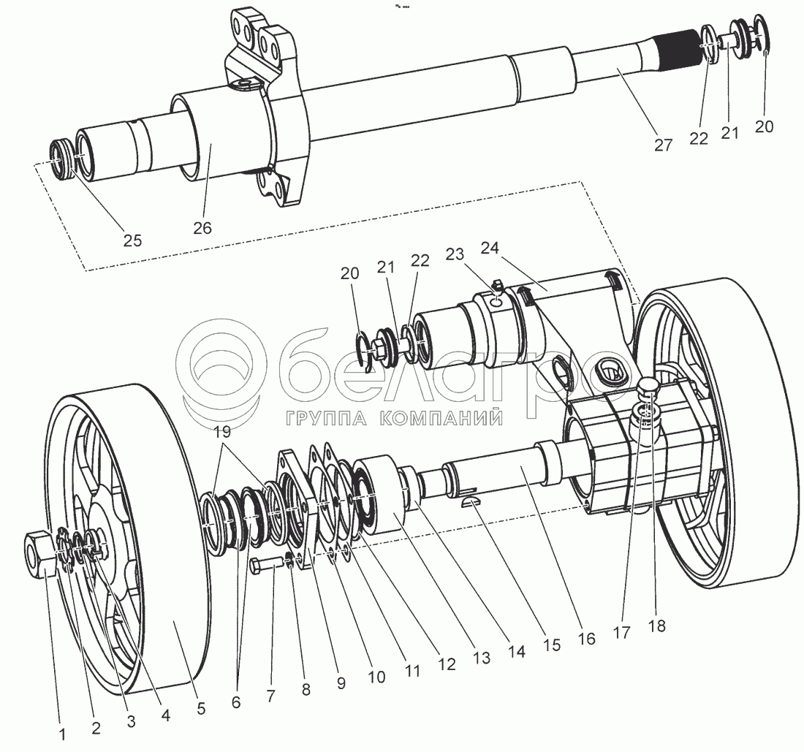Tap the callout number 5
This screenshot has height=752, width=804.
click(201, 707)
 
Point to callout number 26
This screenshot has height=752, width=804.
click(202, 228)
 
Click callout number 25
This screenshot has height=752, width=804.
click(133, 240)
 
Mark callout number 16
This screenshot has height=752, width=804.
click(586, 638)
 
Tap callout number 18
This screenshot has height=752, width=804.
click(657, 626)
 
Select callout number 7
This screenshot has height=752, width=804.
click(271, 696)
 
